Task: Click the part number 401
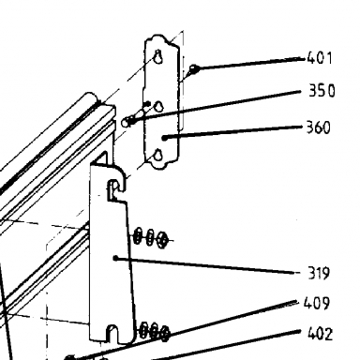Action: point(320,58)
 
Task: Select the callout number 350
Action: point(322,91)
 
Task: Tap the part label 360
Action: point(318,127)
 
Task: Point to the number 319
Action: point(319,273)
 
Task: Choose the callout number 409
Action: point(317,303)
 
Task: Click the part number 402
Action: point(320,334)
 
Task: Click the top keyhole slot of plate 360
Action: point(158,56)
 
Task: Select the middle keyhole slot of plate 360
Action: point(159,107)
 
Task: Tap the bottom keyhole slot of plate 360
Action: point(158,155)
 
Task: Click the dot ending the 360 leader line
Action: point(165,138)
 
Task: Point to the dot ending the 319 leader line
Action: point(115,258)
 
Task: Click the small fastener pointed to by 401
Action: point(194,68)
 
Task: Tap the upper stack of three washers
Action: point(151,238)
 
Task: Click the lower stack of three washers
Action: point(155,331)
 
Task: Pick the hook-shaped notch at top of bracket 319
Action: point(113,190)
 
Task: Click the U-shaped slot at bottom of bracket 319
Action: point(112,334)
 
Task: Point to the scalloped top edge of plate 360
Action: point(161,39)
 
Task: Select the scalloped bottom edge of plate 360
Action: point(161,163)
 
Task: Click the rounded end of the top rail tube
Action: point(92,97)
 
